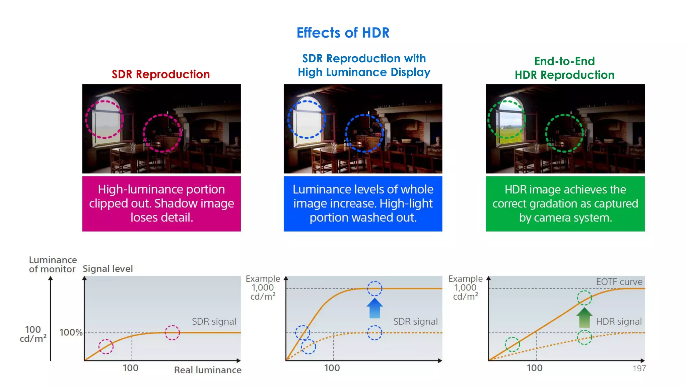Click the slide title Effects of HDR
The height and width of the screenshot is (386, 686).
pyautogui.click(x=343, y=33)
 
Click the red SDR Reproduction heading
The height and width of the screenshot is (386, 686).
pyautogui.click(x=161, y=74)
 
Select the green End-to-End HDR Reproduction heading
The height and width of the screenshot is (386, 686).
pyautogui.click(x=564, y=68)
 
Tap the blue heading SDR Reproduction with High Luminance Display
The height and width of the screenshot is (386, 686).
pyautogui.click(x=364, y=65)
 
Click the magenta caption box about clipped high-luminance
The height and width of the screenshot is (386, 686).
pyautogui.click(x=161, y=203)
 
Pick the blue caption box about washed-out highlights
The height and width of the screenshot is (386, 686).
pyautogui.click(x=363, y=203)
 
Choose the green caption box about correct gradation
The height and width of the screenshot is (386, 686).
pyautogui.click(x=565, y=203)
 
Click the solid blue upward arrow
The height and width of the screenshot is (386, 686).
pyautogui.click(x=374, y=308)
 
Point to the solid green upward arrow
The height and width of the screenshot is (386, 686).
pyautogui.click(x=584, y=317)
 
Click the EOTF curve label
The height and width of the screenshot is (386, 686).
pyautogui.click(x=619, y=282)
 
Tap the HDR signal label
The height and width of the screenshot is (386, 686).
pyautogui.click(x=619, y=322)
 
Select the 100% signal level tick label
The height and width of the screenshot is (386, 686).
pyautogui.click(x=71, y=332)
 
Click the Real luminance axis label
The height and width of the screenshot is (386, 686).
pyautogui.click(x=208, y=370)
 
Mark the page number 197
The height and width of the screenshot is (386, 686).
pyautogui.click(x=639, y=369)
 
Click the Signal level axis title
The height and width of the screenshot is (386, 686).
pyautogui.click(x=108, y=269)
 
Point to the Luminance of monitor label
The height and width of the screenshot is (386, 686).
pyautogui.click(x=53, y=264)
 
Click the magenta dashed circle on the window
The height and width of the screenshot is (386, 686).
pyautogui.click(x=104, y=119)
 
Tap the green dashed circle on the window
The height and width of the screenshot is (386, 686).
pyautogui.click(x=506, y=119)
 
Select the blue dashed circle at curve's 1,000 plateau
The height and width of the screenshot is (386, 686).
pyautogui.click(x=374, y=288)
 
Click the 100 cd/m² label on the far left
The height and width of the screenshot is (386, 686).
pyautogui.click(x=33, y=334)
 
